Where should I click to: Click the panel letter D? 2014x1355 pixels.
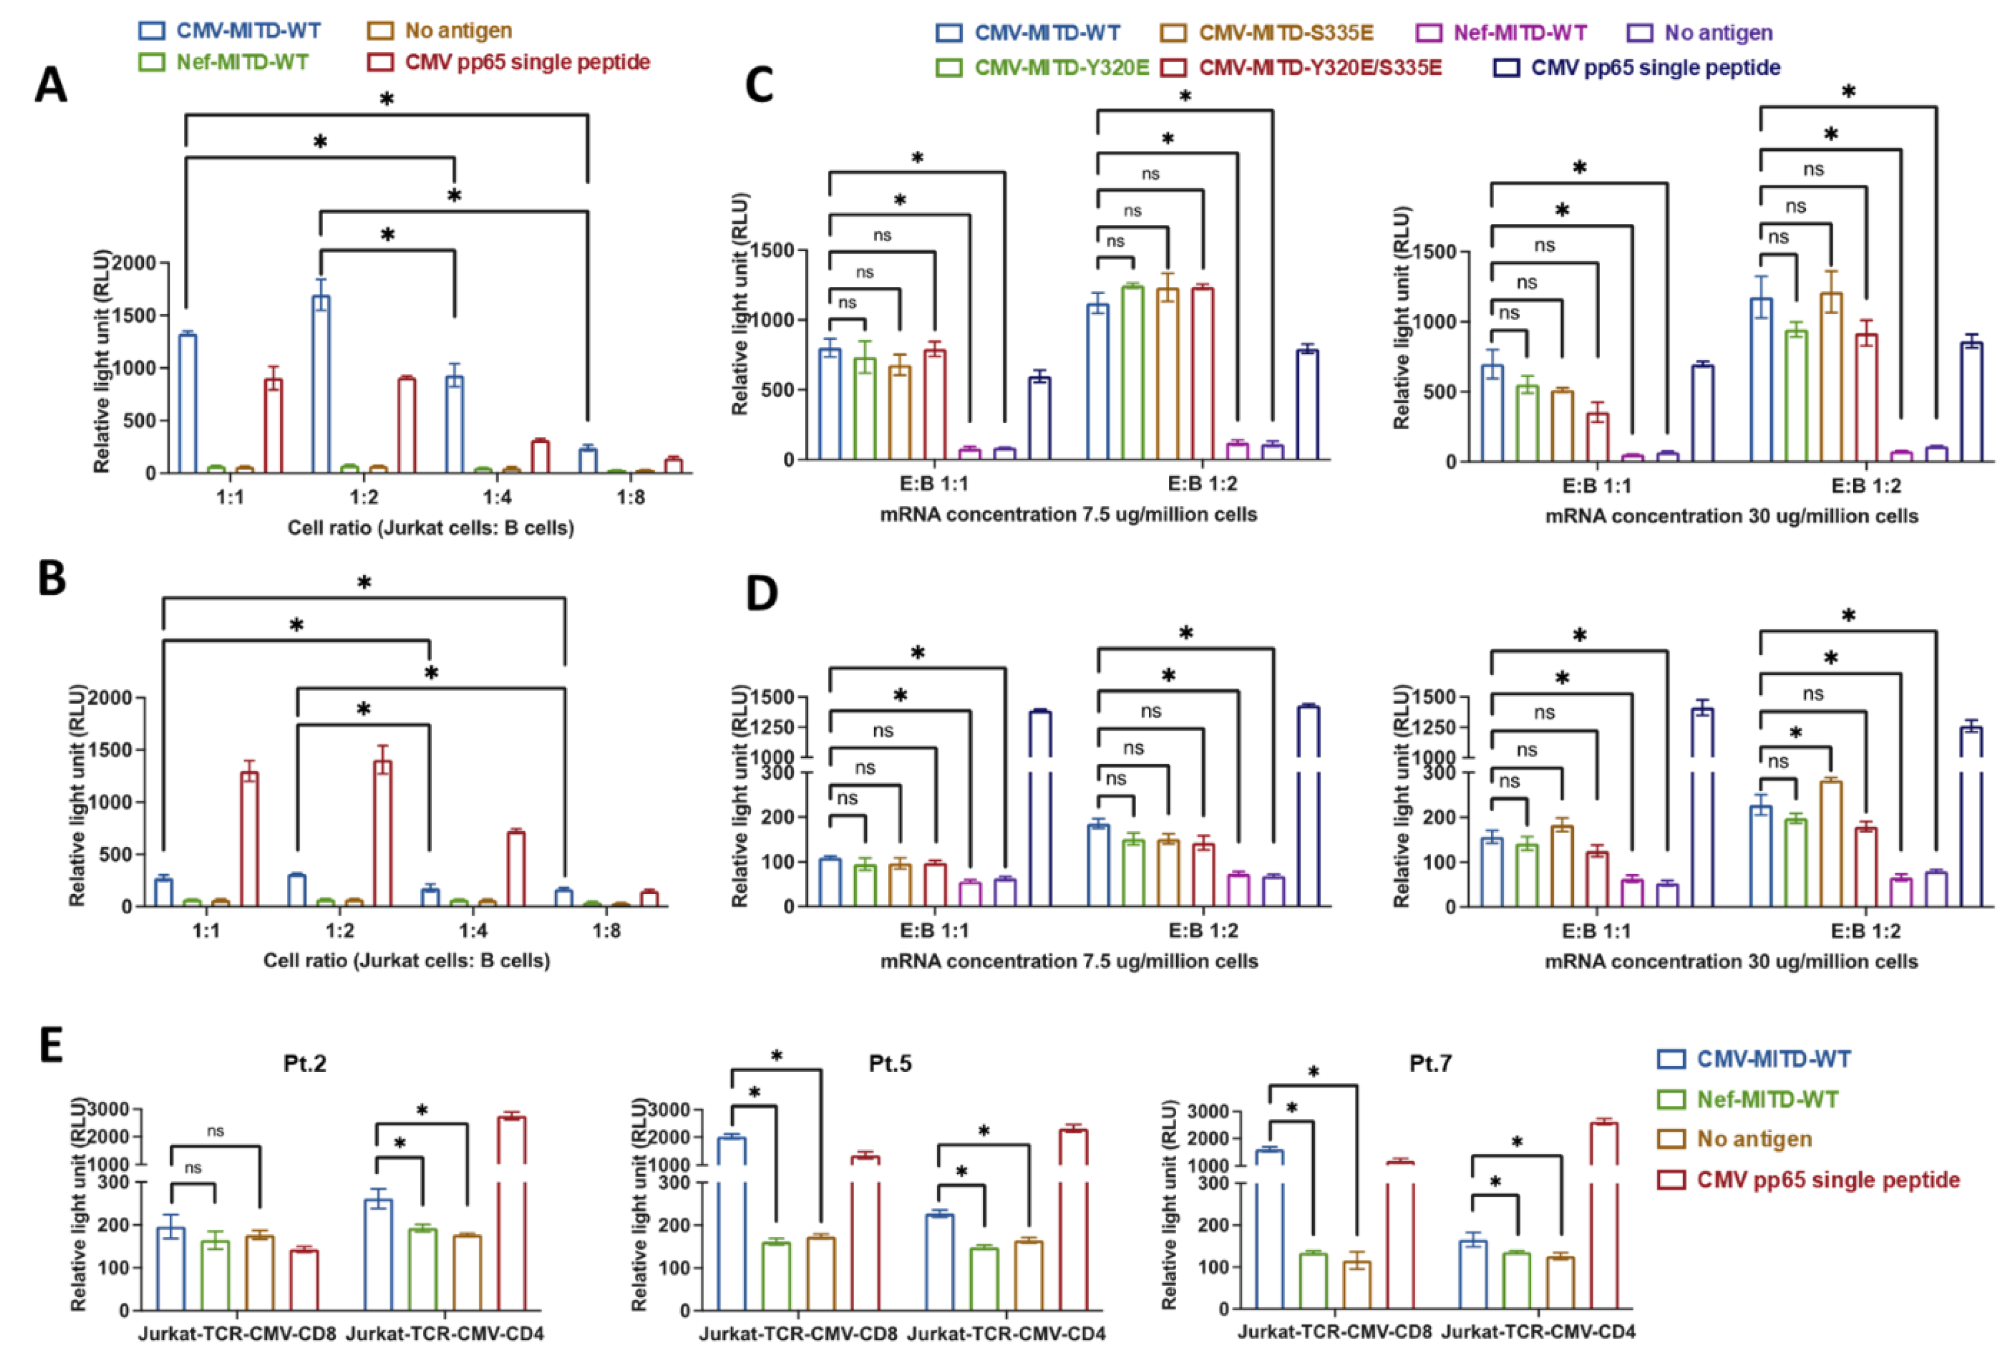tap(761, 594)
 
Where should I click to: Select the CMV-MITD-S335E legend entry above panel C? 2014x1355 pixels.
tap(1285, 33)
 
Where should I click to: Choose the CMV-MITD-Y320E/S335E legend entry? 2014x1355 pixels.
tap(1320, 67)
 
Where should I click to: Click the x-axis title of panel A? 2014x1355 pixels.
tap(430, 527)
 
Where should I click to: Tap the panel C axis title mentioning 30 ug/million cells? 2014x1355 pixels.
tap(1731, 517)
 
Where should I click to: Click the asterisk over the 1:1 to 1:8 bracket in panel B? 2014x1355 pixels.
tap(364, 583)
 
